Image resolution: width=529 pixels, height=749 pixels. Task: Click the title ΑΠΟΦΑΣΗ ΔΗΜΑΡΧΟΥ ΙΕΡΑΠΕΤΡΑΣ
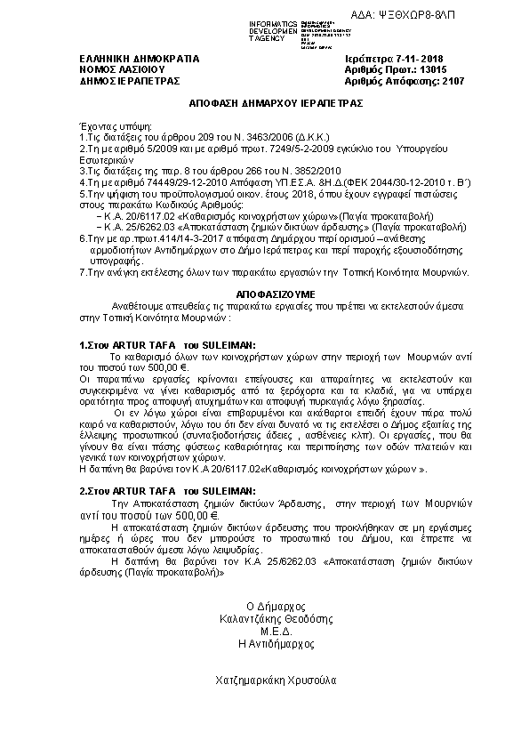[264, 103]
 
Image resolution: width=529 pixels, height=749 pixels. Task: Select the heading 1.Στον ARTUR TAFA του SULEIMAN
[168, 343]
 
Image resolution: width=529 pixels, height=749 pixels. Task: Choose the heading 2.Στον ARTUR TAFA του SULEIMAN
[168, 490]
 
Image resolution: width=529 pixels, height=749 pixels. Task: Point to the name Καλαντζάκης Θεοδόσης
[264, 616]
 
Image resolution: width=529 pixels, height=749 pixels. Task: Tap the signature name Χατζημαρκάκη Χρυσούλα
[264, 681]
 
